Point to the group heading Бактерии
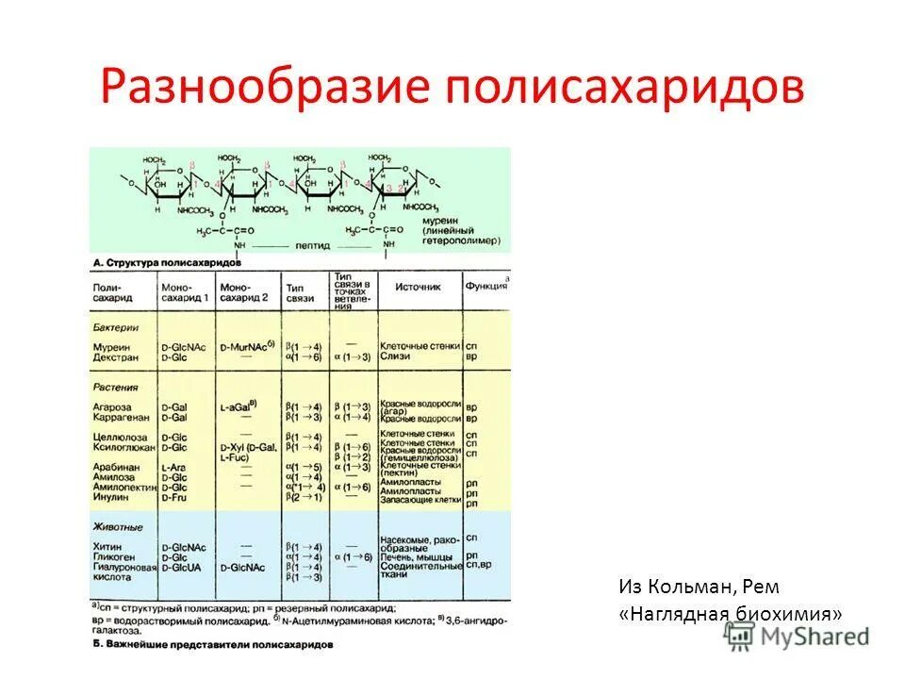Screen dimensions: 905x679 [x=116, y=327]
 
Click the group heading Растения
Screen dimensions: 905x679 [x=115, y=387]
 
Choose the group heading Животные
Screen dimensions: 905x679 [x=118, y=527]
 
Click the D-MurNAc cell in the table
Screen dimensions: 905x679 [x=245, y=348]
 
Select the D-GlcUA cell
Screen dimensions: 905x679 [x=183, y=568]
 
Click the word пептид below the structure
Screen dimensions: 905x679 [x=312, y=245]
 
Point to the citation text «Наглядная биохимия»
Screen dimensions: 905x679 [x=731, y=614]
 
